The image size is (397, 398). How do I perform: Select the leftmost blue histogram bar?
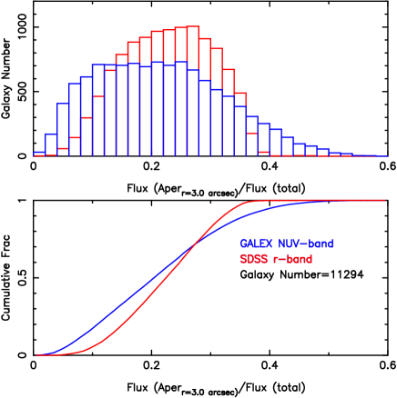point(39,154)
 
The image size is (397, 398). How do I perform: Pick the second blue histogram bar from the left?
point(51,144)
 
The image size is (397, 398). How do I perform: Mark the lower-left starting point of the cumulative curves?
point(38,354)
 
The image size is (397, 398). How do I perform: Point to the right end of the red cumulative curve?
point(383,200)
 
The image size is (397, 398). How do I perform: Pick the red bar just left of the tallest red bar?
point(180,92)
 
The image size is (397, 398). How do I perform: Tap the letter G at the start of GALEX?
point(243,244)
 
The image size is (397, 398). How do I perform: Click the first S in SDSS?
point(243,259)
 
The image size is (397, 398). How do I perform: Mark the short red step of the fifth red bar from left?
point(87,118)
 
